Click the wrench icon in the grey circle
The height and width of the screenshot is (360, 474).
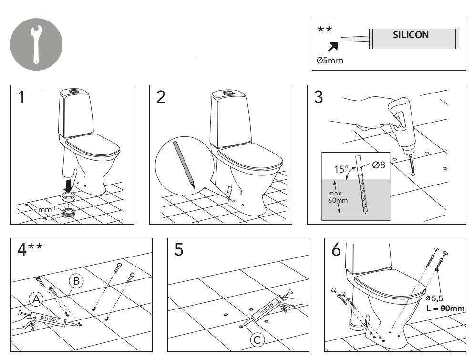36,44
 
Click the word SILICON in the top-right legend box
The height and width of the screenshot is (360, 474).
411,35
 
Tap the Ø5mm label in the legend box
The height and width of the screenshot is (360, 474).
330,61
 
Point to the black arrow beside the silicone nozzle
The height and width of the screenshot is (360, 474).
333,46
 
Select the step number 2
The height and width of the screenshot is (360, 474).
161,97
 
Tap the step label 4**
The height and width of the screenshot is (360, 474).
28,250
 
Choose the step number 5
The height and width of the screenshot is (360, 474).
178,250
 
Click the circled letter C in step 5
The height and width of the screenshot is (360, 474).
257,340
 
